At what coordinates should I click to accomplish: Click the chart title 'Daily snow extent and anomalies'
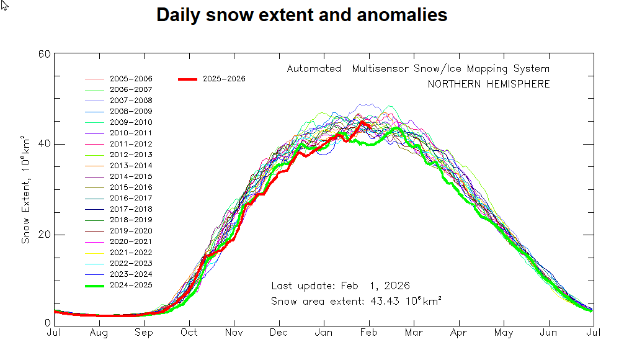click(x=301, y=15)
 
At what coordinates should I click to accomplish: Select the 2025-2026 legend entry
click(x=224, y=79)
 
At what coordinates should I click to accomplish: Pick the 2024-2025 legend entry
click(x=131, y=285)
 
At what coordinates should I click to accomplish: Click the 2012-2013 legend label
click(x=131, y=155)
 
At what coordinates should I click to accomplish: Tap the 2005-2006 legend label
click(x=131, y=79)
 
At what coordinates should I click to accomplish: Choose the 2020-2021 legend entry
click(x=131, y=241)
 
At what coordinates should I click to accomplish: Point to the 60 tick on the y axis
click(x=44, y=54)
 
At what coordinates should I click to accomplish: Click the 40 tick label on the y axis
click(x=44, y=144)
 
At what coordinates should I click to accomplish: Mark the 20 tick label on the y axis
click(x=44, y=235)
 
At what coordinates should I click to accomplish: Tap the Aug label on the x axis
click(x=99, y=333)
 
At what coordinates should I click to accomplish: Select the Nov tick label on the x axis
click(x=234, y=333)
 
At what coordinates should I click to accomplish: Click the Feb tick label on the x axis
click(x=369, y=333)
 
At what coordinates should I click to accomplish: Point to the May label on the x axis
click(x=504, y=333)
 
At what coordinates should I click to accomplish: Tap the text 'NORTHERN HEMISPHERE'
click(x=488, y=84)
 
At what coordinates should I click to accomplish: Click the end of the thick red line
click(x=370, y=127)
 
